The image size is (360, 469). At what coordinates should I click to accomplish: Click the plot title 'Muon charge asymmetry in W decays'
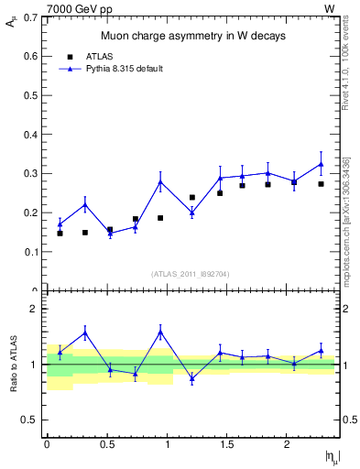click(x=192, y=37)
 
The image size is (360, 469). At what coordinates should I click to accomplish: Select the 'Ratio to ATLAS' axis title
click(x=13, y=364)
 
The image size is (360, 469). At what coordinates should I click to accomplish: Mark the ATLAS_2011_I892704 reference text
click(x=191, y=273)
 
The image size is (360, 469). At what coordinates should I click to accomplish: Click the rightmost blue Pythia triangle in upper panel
click(x=321, y=165)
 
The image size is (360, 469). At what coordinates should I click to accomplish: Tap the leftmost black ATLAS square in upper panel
click(x=60, y=234)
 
